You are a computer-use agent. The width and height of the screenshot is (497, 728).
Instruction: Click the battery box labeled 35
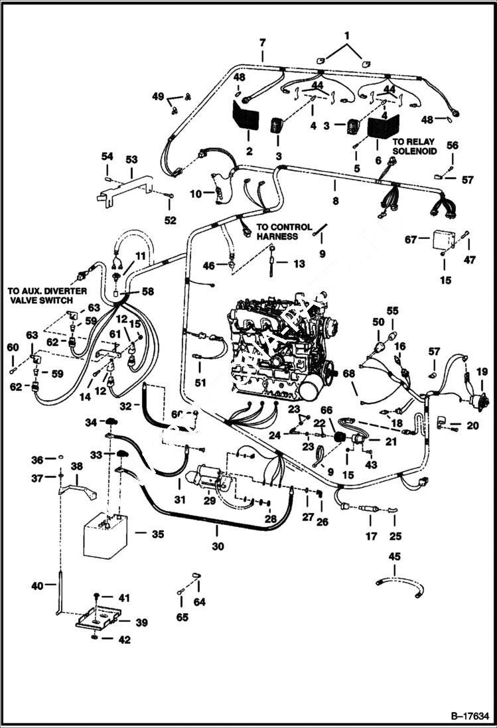(106, 535)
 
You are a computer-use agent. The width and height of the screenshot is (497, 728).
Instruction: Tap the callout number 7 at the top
(263, 43)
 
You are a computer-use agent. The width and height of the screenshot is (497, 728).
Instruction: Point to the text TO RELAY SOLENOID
(415, 147)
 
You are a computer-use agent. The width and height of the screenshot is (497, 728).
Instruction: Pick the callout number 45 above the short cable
(395, 556)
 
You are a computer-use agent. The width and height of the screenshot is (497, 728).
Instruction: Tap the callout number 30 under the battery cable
(218, 547)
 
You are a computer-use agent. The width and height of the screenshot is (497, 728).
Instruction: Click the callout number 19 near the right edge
(481, 372)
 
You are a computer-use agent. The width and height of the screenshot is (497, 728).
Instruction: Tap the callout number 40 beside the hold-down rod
(38, 586)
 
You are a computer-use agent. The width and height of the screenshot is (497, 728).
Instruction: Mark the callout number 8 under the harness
(336, 200)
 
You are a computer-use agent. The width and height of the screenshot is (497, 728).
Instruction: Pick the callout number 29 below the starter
(210, 501)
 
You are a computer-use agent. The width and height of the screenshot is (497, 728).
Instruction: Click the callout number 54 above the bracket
(107, 156)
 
